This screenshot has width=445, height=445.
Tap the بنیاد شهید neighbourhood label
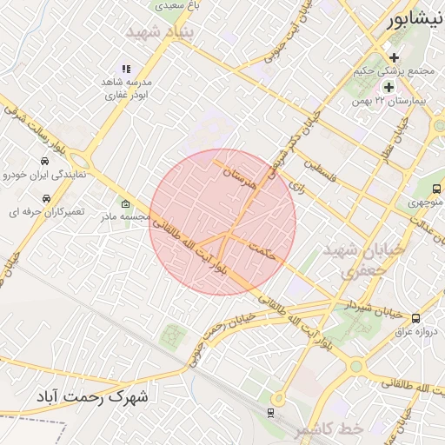point(163,32)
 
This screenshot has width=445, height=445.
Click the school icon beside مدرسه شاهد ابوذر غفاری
point(126,69)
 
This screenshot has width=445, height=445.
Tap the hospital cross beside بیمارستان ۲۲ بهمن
point(389,87)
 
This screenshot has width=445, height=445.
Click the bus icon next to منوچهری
point(436,189)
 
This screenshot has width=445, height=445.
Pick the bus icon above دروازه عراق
point(415,318)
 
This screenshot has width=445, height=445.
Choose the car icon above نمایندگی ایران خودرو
point(44,162)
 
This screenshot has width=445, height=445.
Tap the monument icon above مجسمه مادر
point(126,203)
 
